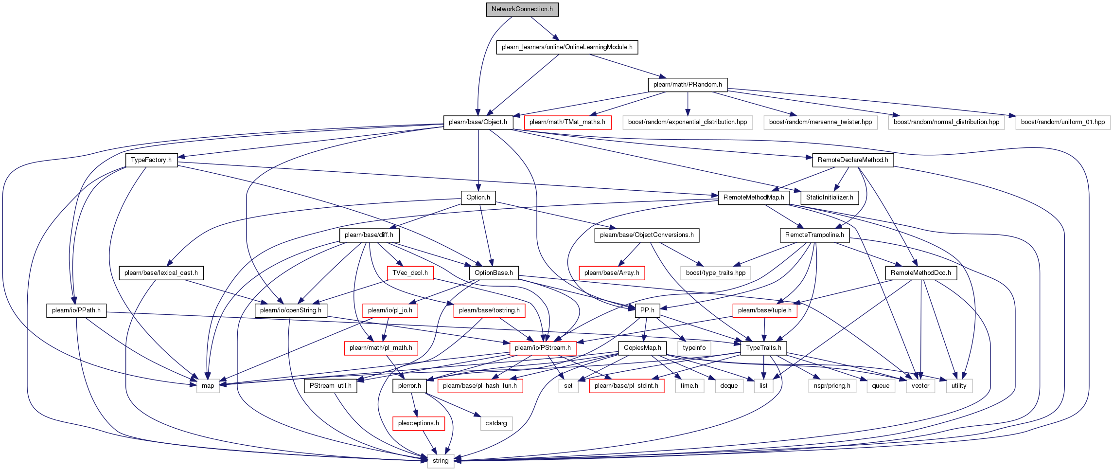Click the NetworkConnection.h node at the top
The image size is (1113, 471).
522,9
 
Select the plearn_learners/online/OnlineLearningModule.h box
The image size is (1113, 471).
567,47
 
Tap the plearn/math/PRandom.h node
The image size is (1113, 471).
688,85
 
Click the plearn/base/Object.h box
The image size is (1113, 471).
478,122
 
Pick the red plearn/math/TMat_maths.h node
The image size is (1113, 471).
567,122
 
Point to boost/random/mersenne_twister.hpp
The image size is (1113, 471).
821,122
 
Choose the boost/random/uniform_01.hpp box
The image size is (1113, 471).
1063,122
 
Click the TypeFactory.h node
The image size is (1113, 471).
151,160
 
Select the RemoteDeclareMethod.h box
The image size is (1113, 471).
853,160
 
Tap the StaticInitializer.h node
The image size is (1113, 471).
830,198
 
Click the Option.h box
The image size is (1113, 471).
478,198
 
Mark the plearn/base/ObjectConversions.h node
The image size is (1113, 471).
647,235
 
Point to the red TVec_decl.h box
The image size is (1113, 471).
410,273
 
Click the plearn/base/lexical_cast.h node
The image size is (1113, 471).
161,273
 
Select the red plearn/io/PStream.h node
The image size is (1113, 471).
543,348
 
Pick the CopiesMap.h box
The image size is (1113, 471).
642,348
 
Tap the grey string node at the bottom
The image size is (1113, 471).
441,461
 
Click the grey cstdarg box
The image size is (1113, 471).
496,423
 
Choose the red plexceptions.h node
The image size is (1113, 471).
418,423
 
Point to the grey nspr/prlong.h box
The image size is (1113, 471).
832,386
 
